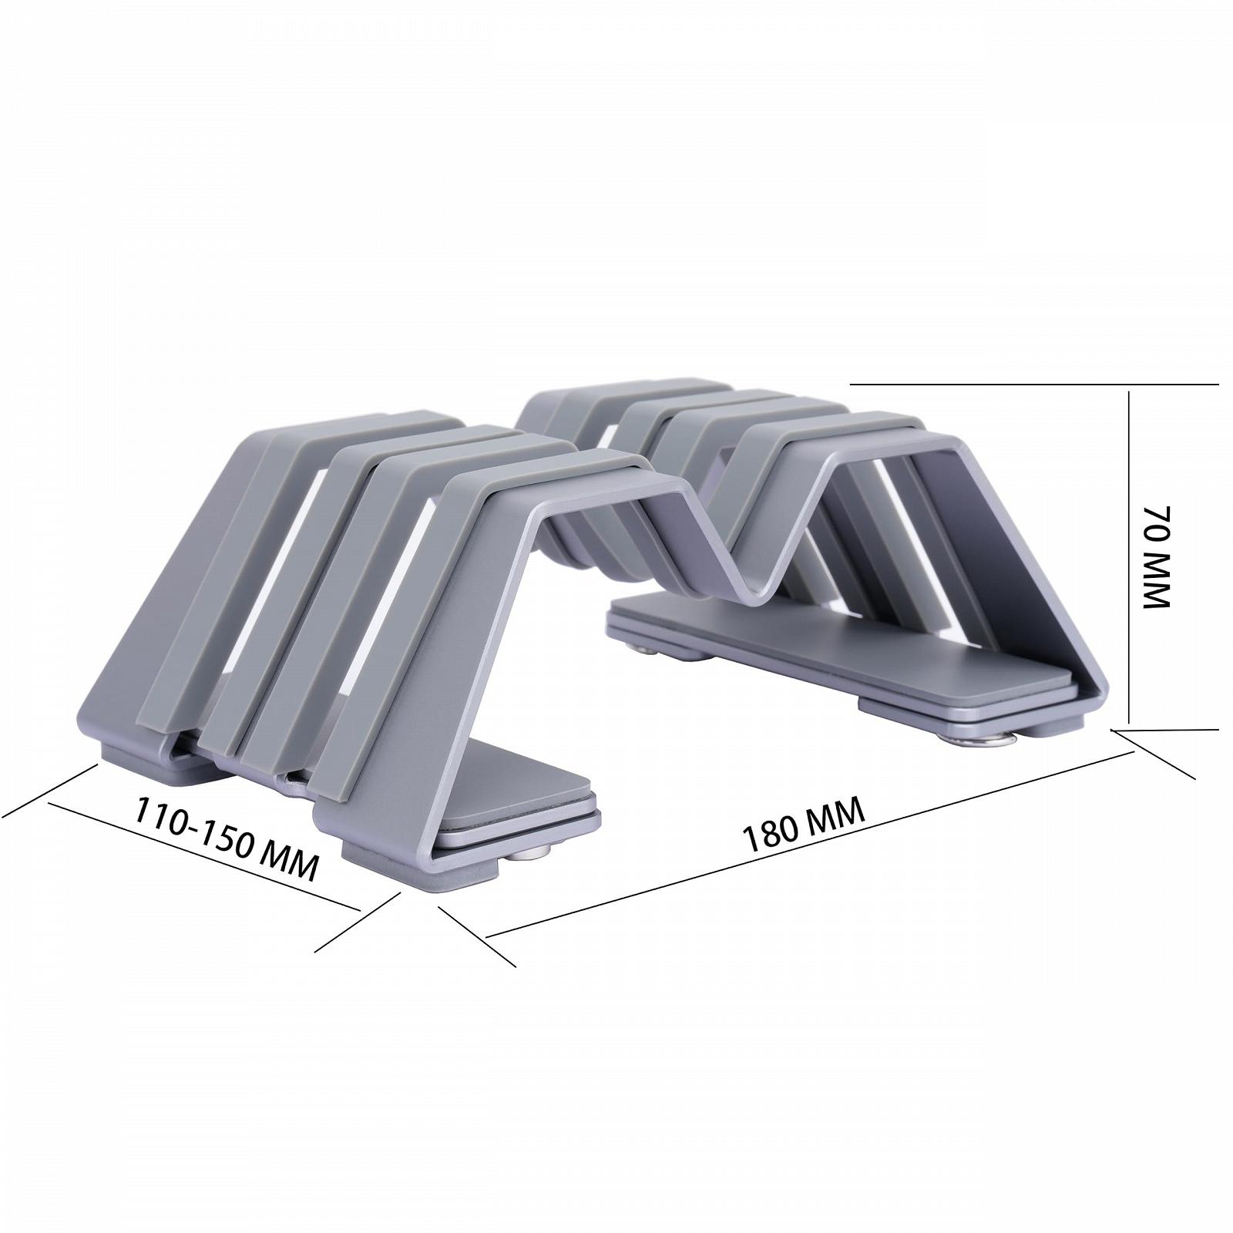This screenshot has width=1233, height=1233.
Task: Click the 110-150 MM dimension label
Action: point(227,838)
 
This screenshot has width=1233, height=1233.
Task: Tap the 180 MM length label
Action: point(802,825)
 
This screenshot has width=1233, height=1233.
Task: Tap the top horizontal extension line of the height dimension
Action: point(1034,384)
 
